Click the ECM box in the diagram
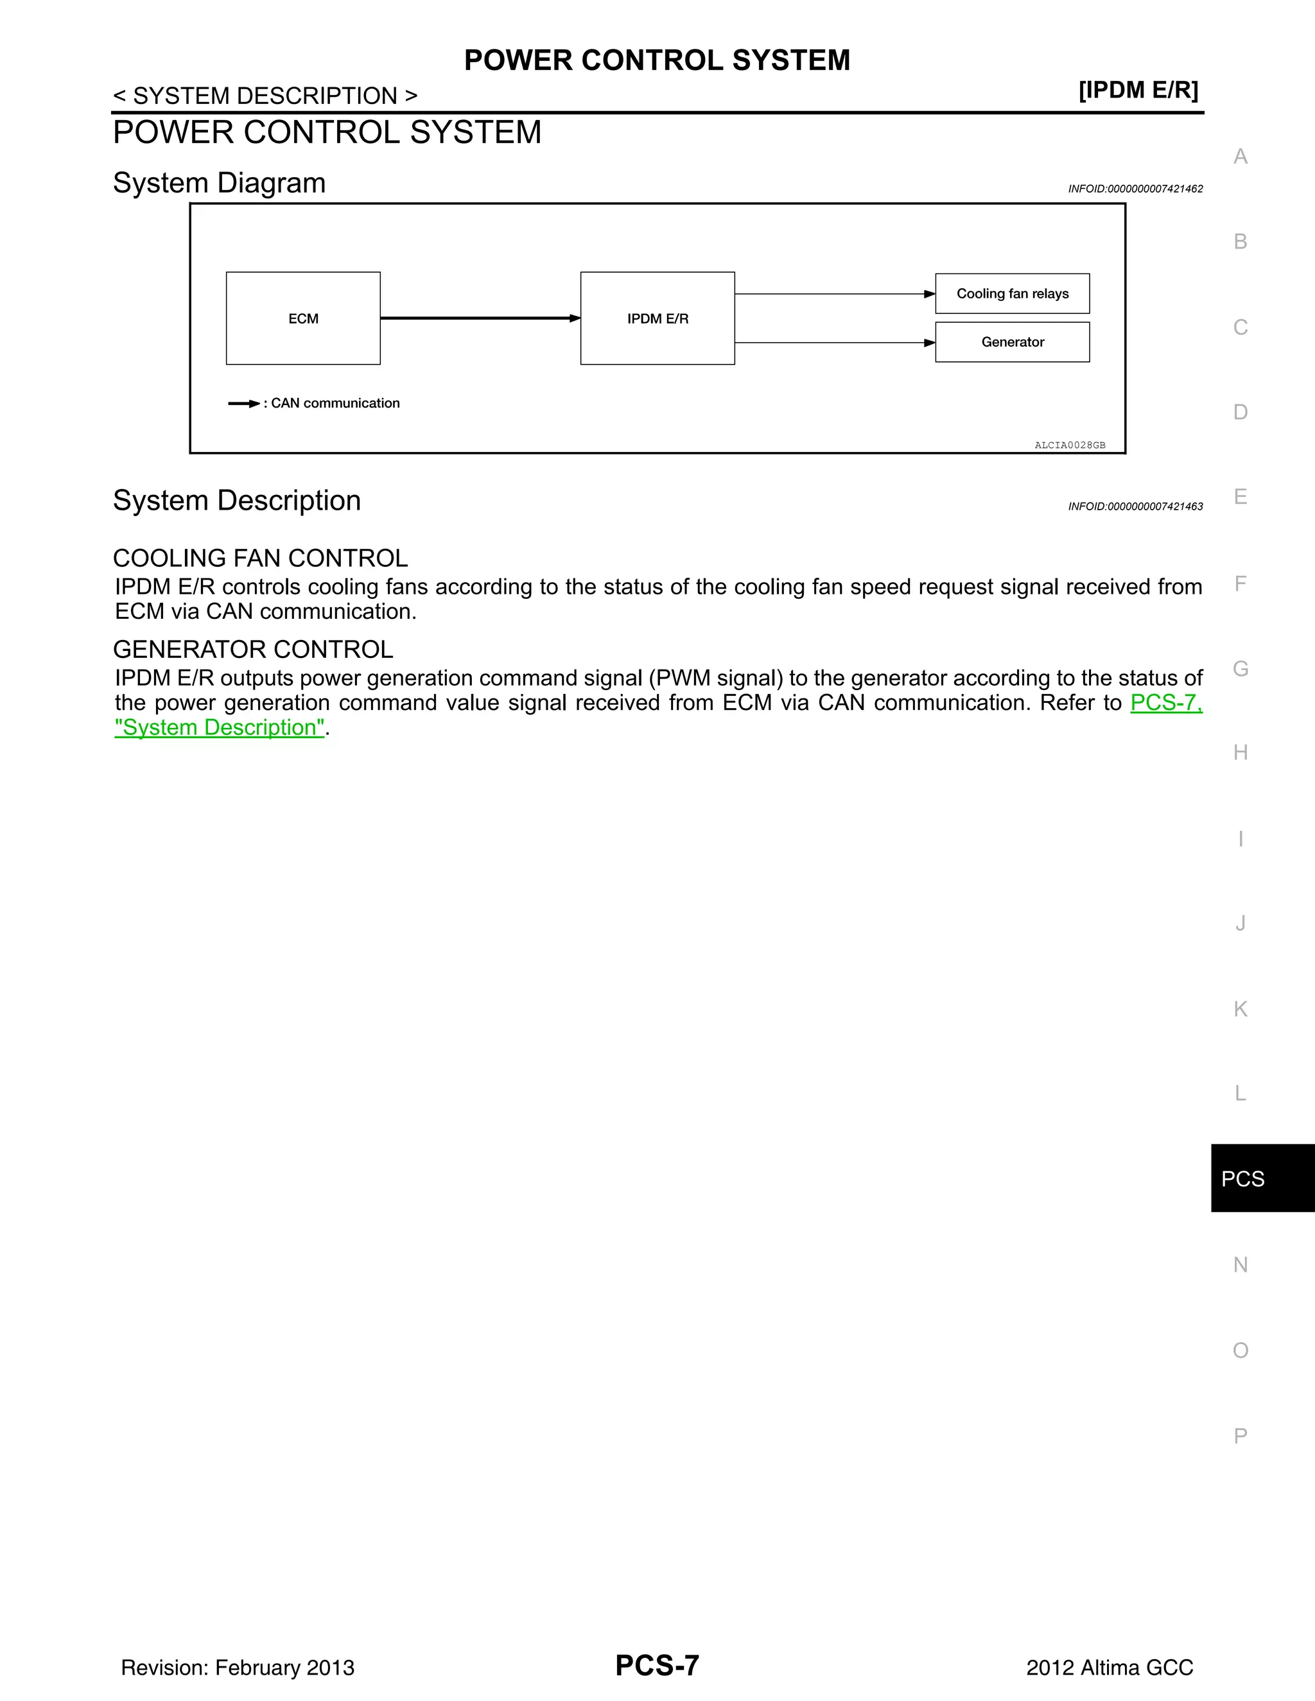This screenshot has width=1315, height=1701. point(303,318)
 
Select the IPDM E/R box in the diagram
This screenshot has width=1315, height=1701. point(657,318)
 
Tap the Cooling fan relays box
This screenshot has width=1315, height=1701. point(1012,293)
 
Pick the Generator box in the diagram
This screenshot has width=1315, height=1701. point(1012,342)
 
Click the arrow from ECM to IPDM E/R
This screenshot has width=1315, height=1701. point(480,318)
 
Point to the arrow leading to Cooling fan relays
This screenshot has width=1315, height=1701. point(834,293)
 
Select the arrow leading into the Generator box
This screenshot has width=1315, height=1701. point(834,343)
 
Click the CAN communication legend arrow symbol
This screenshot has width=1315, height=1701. point(244,404)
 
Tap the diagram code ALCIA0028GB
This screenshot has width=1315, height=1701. point(1070,445)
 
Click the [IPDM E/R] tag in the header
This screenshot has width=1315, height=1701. point(1138,91)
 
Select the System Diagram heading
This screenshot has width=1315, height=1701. point(219,183)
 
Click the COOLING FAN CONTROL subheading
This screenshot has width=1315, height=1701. point(260,558)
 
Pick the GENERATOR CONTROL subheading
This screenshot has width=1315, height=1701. point(253,650)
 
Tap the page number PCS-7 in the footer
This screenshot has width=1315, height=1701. point(657,1665)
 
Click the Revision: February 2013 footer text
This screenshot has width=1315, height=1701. point(238,1668)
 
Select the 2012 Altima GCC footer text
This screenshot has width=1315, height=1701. point(1110,1668)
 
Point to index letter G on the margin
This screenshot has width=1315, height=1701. point(1241,668)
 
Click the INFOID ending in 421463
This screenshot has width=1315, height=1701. point(1135,506)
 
